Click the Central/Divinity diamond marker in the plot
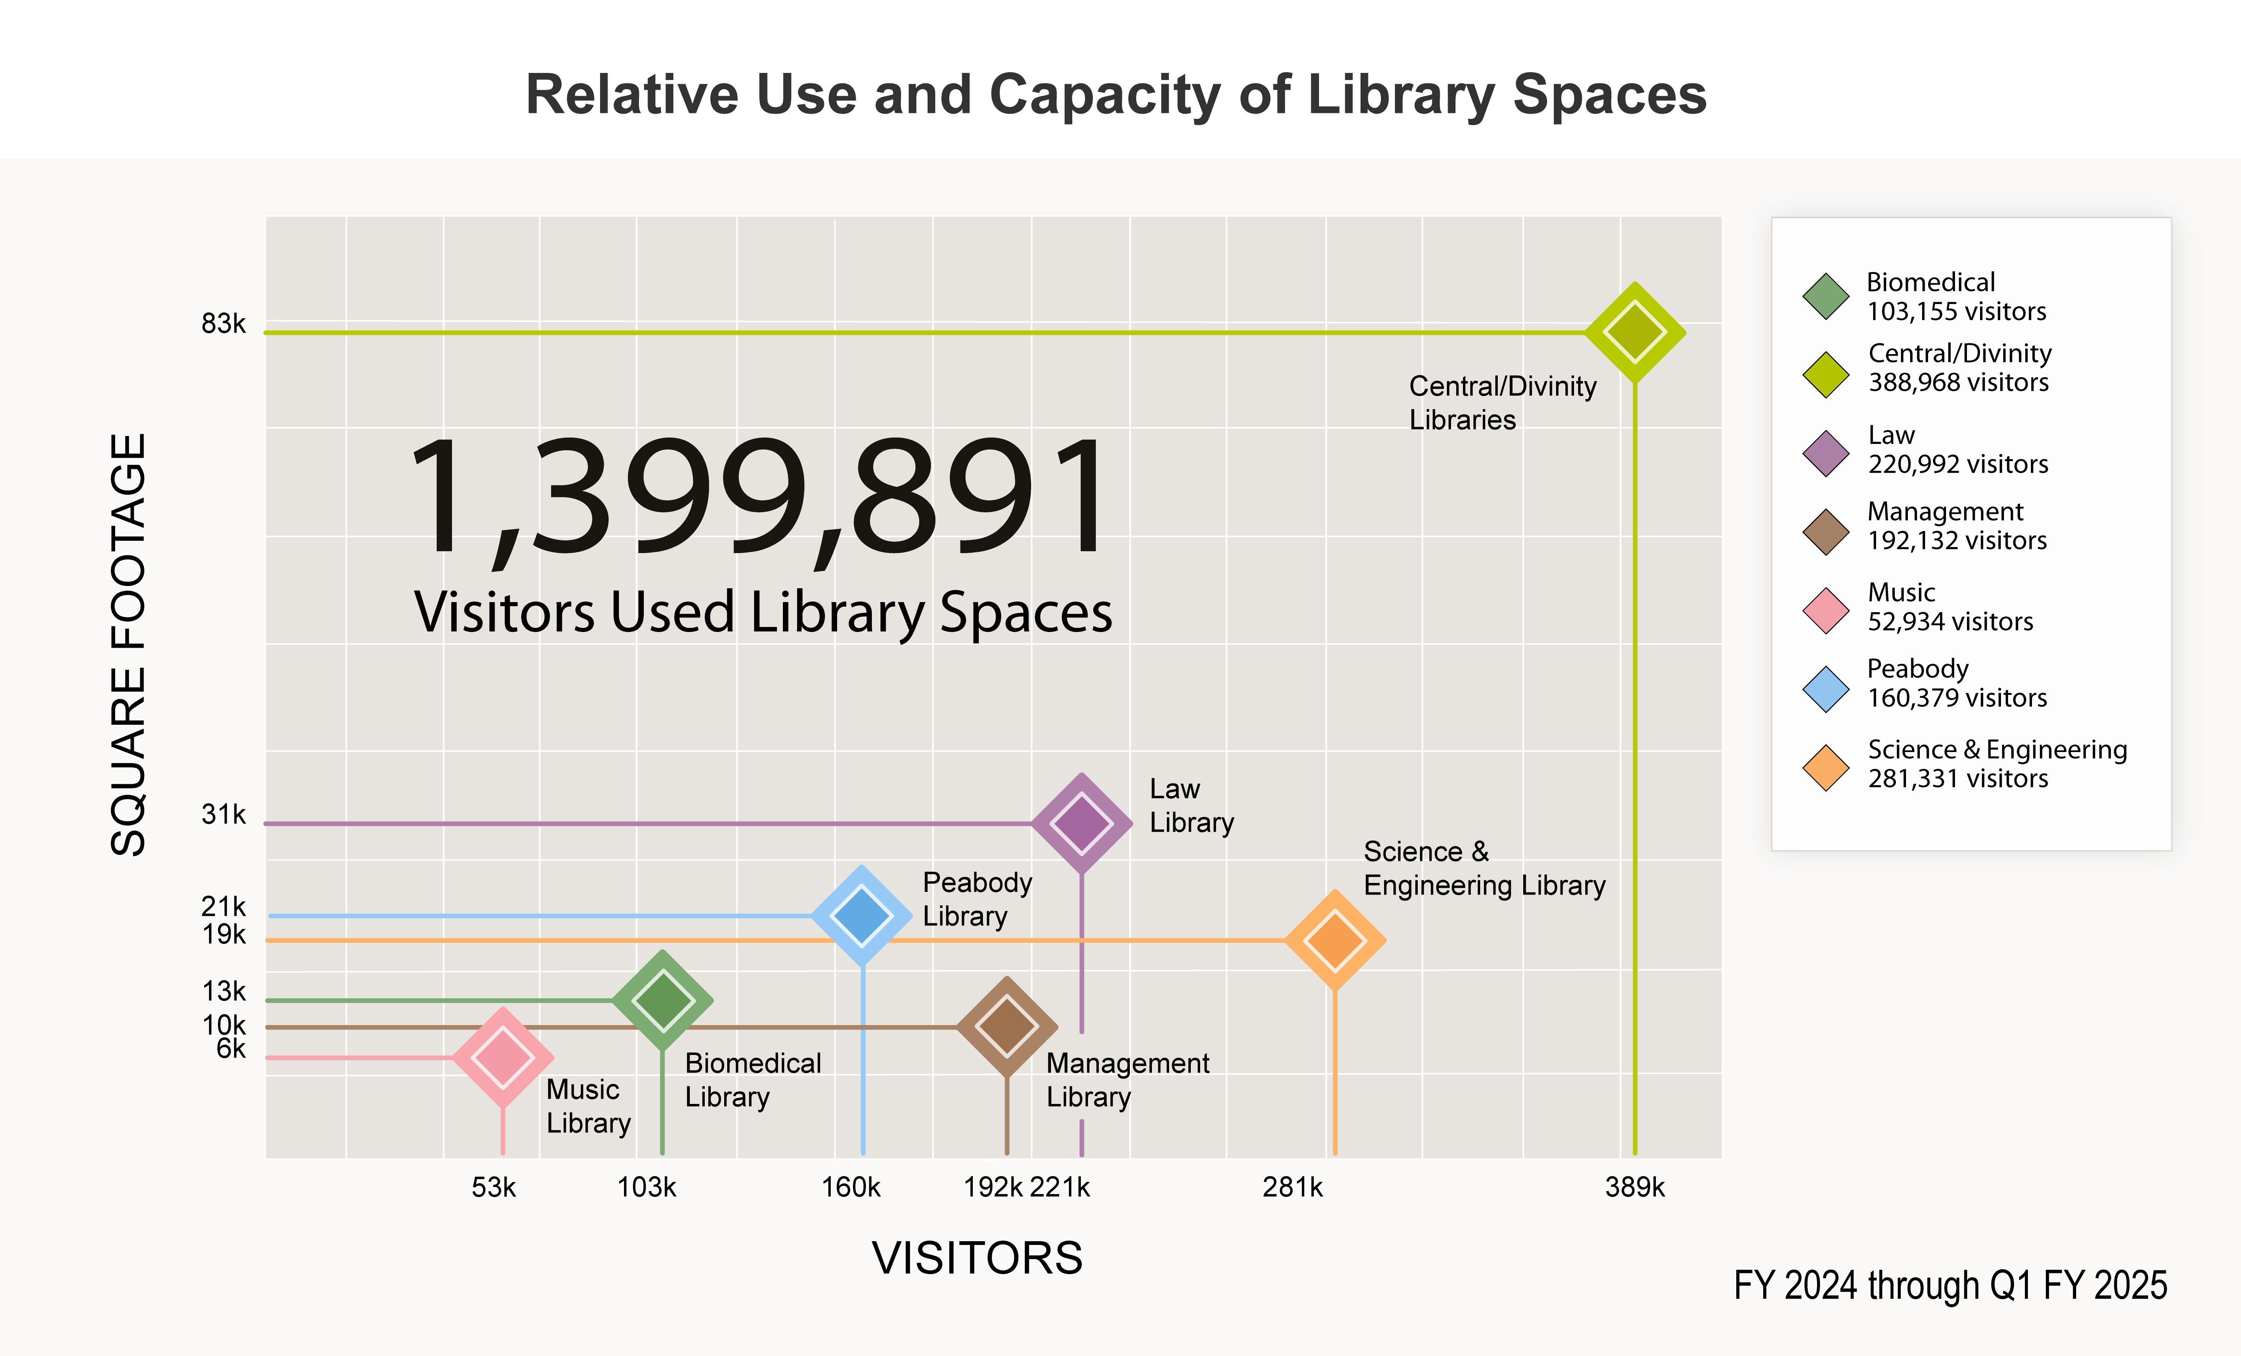[1634, 333]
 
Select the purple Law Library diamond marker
[1081, 823]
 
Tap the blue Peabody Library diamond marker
[861, 915]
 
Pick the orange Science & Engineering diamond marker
[1334, 939]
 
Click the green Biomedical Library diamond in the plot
[662, 1000]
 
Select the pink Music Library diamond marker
[503, 1057]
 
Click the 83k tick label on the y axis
[224, 324]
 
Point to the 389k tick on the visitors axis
[1634, 1187]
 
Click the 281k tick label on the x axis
[1292, 1187]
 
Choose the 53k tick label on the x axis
[494, 1187]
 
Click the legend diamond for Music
[1825, 610]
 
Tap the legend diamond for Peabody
[1825, 688]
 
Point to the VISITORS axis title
[978, 1258]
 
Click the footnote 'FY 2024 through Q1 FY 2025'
[1950, 1285]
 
